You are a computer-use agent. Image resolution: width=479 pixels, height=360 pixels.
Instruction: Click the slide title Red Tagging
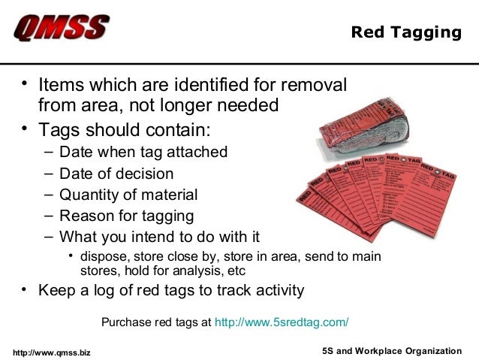point(406,32)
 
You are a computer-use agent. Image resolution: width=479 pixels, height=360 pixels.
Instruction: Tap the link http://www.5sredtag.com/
point(282,322)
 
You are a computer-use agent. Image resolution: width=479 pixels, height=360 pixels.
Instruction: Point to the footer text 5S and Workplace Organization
point(391,351)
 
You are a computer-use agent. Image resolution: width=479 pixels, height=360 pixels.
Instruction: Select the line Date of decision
point(116,174)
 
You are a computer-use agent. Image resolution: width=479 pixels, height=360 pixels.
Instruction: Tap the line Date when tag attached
point(143,152)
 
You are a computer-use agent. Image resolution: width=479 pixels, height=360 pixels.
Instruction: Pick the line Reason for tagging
point(126,216)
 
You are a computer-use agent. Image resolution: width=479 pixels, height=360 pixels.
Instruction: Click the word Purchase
point(126,322)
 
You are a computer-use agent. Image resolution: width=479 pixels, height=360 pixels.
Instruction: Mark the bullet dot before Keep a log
point(26,289)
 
